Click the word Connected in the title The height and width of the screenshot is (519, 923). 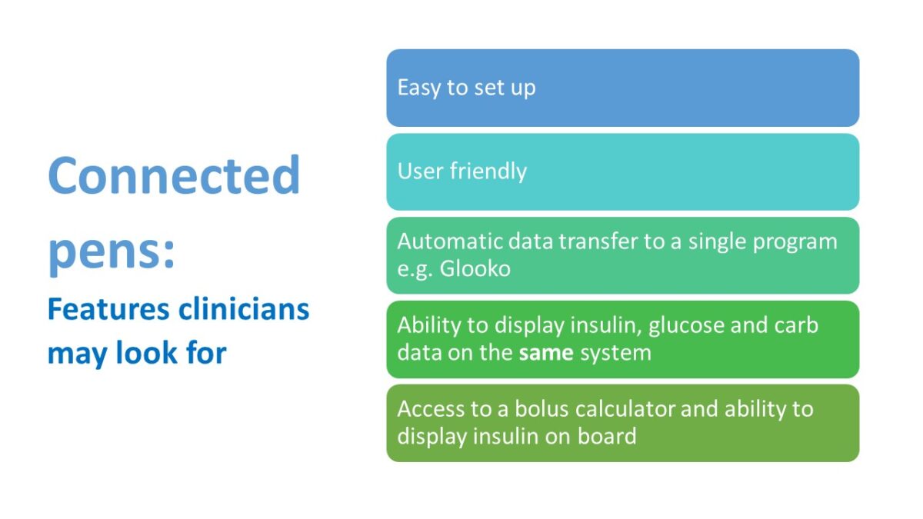[x=174, y=175]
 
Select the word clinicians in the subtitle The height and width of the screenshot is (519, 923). [x=244, y=309]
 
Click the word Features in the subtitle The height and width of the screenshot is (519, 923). [x=108, y=309]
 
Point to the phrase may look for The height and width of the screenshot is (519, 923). [x=137, y=353]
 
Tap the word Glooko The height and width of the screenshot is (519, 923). [x=475, y=270]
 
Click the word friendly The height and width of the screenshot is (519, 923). [x=491, y=171]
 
